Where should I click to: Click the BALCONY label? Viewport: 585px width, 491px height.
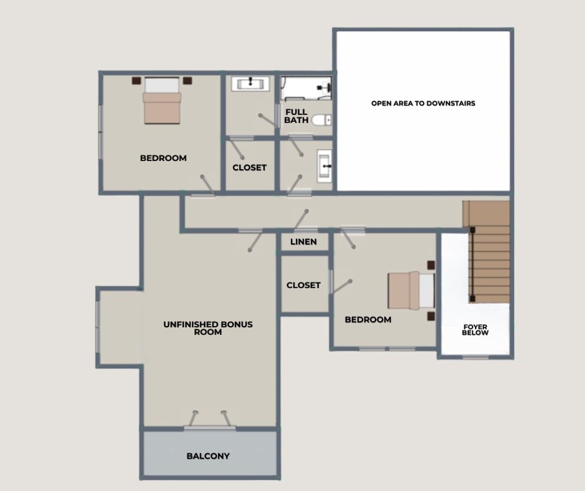(x=208, y=456)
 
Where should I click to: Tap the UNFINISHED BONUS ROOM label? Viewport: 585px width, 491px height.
(x=208, y=328)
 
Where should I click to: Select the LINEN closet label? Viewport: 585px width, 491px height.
(x=303, y=242)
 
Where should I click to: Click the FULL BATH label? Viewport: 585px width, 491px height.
(x=296, y=116)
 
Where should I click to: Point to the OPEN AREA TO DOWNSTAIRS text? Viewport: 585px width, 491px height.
(x=423, y=103)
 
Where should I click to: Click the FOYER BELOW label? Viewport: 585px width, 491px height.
(x=475, y=330)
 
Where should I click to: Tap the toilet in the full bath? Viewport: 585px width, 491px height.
(x=321, y=120)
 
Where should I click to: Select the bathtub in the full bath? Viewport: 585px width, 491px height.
(x=305, y=88)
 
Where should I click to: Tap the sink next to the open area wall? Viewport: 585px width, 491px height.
(x=324, y=166)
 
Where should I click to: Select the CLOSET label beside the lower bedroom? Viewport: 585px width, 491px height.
(x=303, y=285)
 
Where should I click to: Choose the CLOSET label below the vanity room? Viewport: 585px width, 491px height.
(x=249, y=168)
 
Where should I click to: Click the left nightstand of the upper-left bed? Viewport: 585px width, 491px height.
(x=136, y=81)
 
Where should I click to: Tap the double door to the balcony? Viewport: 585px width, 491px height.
(x=210, y=427)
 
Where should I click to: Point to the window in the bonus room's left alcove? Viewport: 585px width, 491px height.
(x=97, y=327)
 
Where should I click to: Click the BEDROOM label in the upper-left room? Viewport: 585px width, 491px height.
(x=163, y=158)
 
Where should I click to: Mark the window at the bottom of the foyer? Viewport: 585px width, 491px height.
(x=475, y=357)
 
